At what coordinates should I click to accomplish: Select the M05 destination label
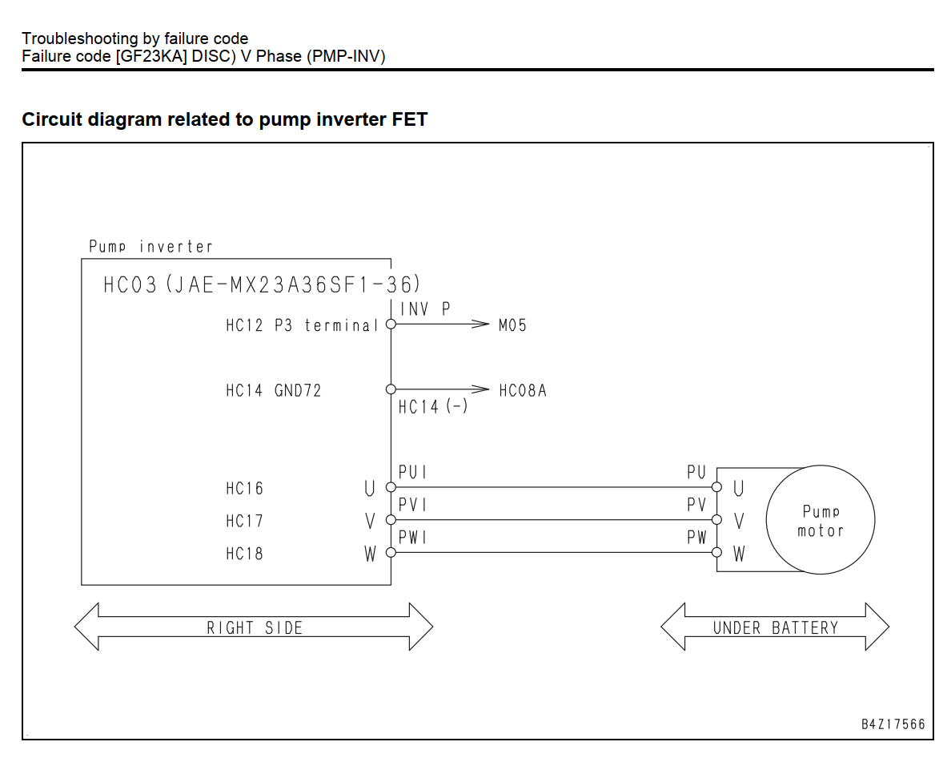[512, 325]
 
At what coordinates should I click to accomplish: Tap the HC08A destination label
[523, 390]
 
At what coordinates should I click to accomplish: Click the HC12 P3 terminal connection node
[391, 324]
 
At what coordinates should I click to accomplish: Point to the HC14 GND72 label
[274, 390]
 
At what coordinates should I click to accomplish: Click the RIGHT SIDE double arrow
[254, 627]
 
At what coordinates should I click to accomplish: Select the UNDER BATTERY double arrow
[775, 627]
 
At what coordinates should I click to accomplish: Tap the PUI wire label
[412, 472]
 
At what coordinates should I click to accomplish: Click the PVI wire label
[412, 505]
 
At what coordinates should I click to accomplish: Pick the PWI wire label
[412, 537]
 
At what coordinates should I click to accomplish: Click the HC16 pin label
[244, 489]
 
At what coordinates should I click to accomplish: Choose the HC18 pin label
[244, 554]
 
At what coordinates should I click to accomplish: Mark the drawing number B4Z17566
[893, 724]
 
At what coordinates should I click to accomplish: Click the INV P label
[425, 309]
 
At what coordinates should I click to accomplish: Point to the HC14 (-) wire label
[433, 406]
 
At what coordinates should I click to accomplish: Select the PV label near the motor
[697, 505]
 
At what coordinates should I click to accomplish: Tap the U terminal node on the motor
[717, 487]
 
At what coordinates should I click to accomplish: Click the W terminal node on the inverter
[391, 552]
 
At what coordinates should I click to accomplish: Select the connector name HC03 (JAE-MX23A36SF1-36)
[262, 284]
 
